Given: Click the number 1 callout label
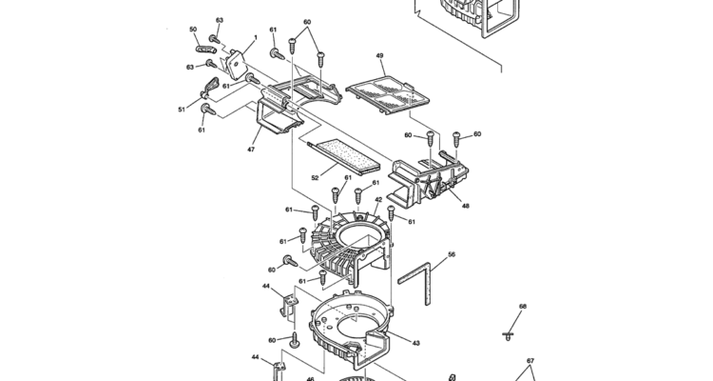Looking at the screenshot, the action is click(256, 38).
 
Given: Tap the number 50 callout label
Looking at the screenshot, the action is click(193, 30).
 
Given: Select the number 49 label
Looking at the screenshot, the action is click(379, 56).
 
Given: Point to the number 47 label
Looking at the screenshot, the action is click(251, 149).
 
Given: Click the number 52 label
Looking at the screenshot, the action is click(315, 178).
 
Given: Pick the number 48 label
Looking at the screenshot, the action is click(465, 206).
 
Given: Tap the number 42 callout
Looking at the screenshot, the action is click(378, 200).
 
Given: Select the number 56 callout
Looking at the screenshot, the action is click(452, 254).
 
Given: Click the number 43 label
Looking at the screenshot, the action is click(416, 343).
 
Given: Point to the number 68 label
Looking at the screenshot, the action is click(523, 307).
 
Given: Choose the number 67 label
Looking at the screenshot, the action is click(530, 361).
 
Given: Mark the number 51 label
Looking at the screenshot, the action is click(182, 110).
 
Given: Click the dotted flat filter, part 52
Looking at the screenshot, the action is click(344, 157).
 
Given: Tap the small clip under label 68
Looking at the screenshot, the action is click(508, 336).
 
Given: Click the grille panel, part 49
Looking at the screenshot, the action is click(388, 94).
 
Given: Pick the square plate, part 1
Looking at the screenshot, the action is click(236, 65).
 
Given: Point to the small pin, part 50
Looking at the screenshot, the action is click(205, 49).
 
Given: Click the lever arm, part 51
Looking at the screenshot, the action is click(210, 88).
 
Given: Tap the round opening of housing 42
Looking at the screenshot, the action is click(359, 233).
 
